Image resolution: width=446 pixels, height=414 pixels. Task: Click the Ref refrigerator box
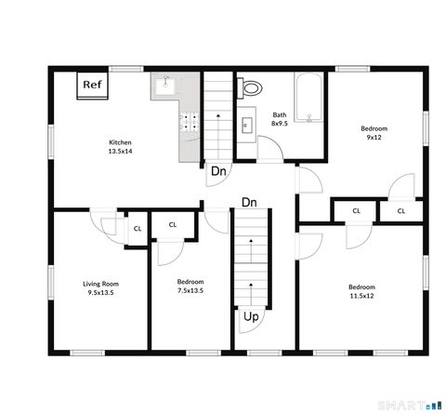[x=91, y=85]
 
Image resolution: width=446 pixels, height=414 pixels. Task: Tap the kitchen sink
[x=165, y=87]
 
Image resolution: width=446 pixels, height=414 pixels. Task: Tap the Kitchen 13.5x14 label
[x=121, y=146]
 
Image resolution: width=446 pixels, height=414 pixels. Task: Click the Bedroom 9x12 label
[x=374, y=132]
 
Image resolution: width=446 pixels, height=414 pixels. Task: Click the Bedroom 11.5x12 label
[x=362, y=291]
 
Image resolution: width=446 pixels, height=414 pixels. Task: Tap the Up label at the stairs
[x=251, y=317]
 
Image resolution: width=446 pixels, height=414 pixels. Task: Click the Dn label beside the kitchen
[x=218, y=171]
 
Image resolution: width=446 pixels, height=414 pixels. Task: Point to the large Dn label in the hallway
[x=249, y=202]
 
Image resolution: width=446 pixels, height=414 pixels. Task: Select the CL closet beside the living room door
[x=137, y=228]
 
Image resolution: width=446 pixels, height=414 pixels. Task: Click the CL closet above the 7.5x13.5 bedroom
[x=173, y=224]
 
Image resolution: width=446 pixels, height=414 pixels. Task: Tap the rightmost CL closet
[x=402, y=211]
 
